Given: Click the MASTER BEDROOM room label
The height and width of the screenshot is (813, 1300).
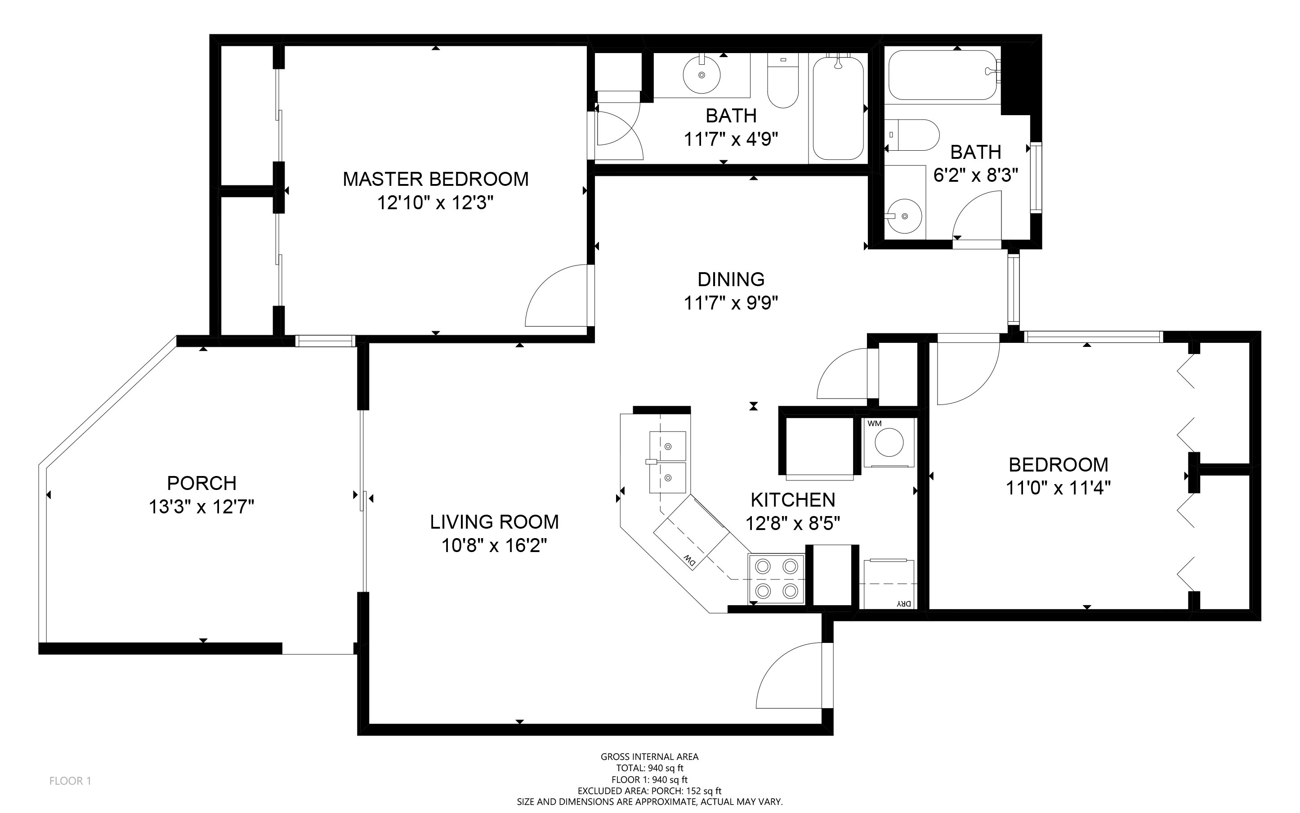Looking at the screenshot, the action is (435, 179).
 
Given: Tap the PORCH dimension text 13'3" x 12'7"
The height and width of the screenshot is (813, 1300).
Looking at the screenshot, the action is (201, 507).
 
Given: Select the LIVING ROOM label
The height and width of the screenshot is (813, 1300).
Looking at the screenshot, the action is (495, 521).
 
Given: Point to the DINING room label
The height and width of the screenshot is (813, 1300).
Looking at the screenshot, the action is (731, 279).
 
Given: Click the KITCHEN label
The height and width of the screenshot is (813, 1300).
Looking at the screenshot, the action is (793, 500).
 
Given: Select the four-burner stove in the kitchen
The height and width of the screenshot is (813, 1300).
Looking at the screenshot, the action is (777, 579).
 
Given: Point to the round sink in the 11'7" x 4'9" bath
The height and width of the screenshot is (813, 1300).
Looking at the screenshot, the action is (701, 75).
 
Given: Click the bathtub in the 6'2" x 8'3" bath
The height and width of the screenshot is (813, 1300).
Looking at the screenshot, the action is (943, 75).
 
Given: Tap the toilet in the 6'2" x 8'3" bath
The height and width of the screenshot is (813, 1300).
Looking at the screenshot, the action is (912, 135).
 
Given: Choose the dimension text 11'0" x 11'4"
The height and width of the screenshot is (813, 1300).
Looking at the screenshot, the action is (1058, 488).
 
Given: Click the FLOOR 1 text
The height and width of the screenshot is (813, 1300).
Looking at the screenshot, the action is (71, 781).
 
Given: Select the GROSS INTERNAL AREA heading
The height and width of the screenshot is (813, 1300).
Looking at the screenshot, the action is (649, 757).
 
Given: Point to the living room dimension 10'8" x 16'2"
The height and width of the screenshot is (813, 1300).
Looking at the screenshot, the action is (495, 546).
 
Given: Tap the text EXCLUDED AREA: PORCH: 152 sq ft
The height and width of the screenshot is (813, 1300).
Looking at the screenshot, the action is (649, 791).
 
